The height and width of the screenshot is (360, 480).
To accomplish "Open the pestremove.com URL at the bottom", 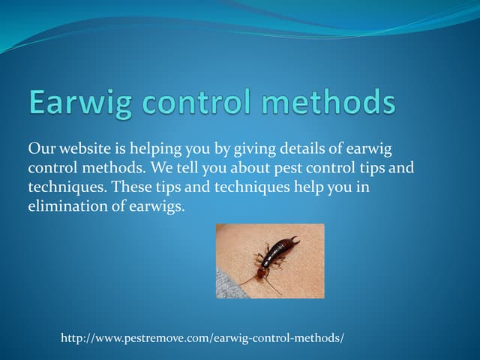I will pyautogui.click(x=202, y=339).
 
